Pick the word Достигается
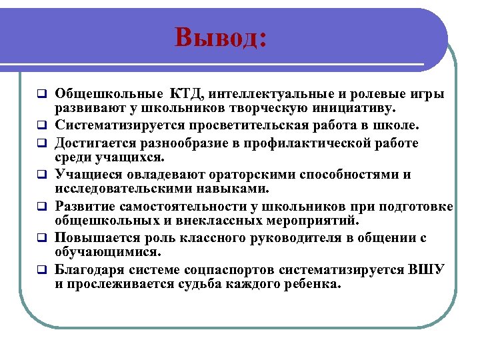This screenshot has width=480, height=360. click(96, 143)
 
